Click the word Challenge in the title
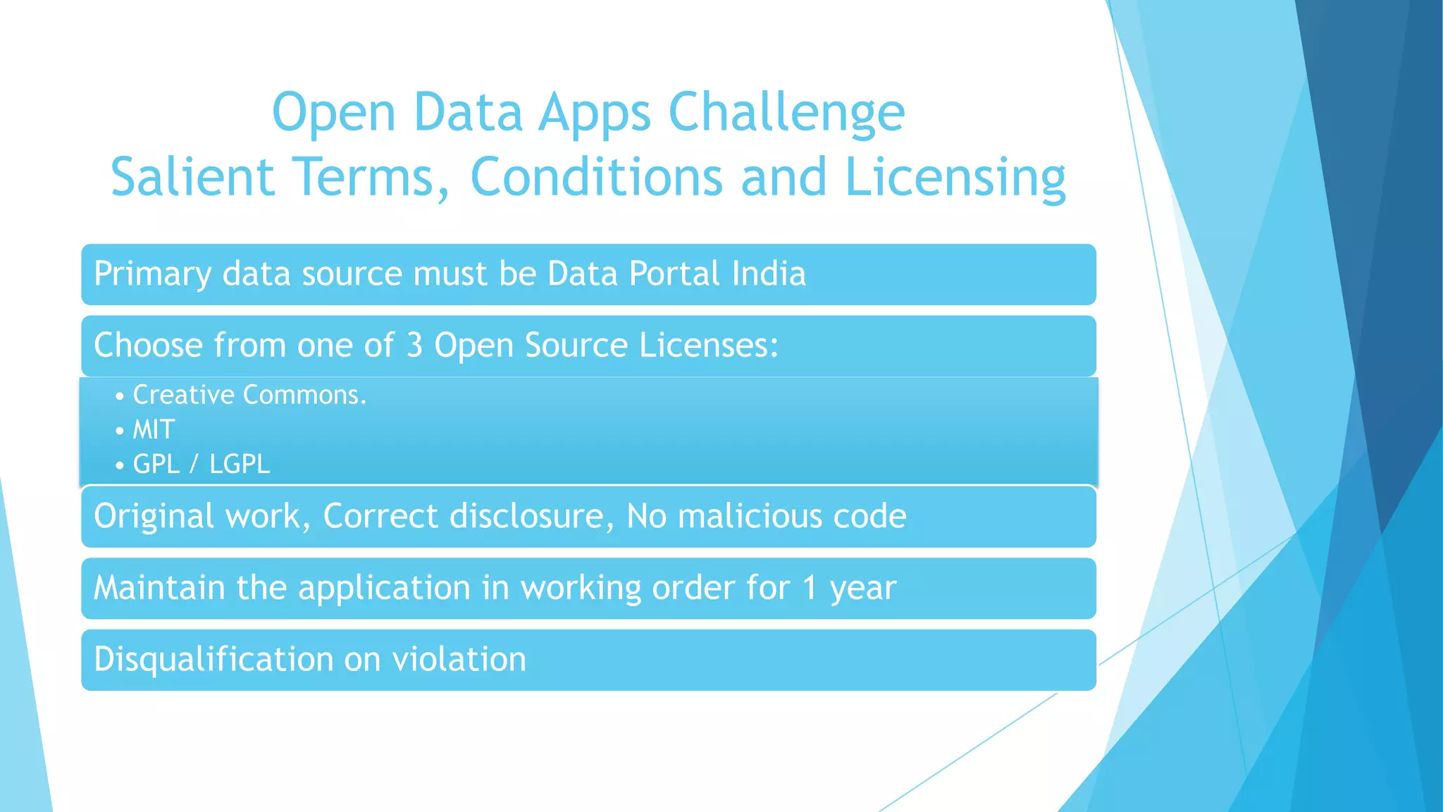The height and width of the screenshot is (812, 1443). point(786,113)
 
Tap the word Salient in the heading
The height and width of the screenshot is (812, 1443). point(192,178)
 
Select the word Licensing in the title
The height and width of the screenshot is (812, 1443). point(955,178)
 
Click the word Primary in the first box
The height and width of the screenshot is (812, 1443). point(152,274)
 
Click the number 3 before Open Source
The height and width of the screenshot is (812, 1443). point(414,345)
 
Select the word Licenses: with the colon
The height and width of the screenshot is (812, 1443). point(708,345)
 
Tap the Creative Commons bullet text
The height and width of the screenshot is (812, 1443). point(249,395)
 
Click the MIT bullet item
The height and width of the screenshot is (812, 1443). point(154,429)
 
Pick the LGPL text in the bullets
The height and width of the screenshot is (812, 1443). point(240,464)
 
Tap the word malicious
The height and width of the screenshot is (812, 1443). point(749,516)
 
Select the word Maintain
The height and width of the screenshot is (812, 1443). point(159,587)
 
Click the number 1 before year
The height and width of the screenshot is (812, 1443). point(810,587)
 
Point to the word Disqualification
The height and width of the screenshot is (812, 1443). point(213,660)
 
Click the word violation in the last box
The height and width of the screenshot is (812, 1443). point(459,660)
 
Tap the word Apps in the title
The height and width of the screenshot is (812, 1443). point(595,113)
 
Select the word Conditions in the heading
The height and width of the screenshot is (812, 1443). point(596,178)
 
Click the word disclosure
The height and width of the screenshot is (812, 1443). point(527,516)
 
